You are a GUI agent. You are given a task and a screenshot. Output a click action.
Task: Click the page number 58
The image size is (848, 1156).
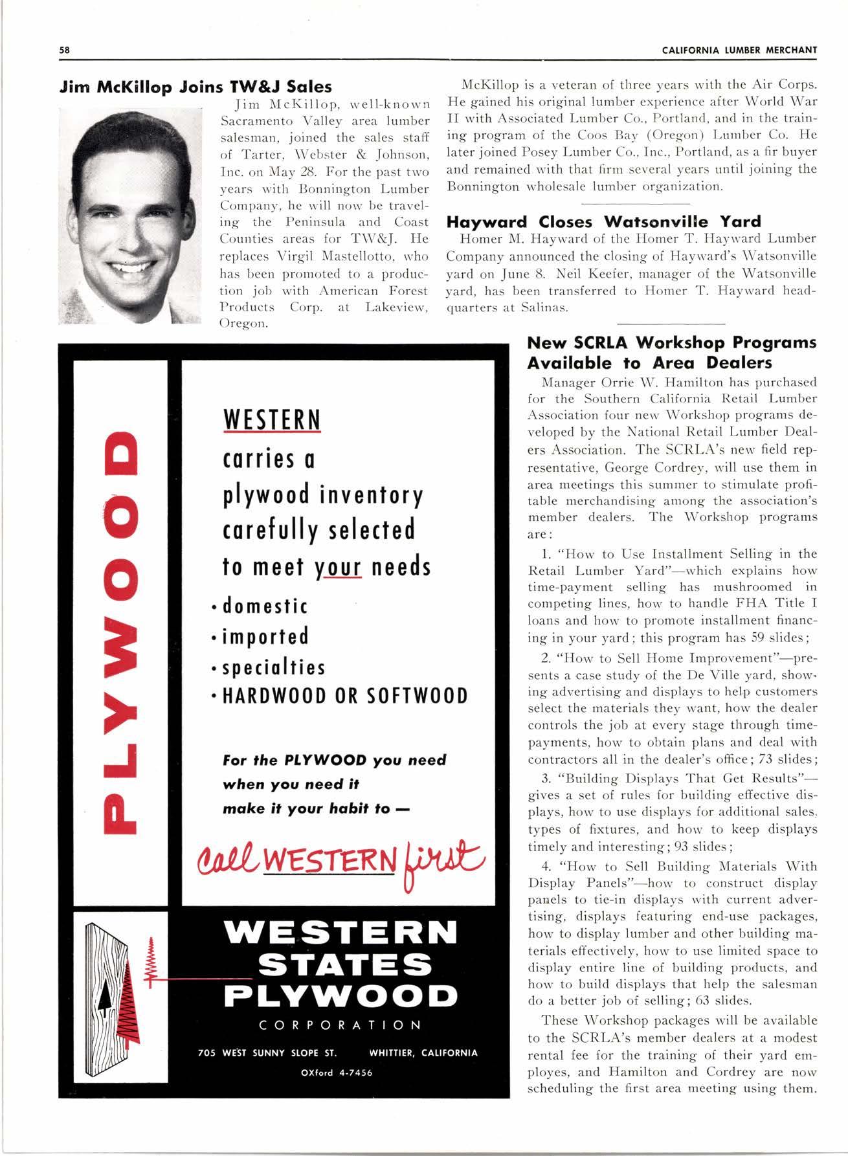coord(64,50)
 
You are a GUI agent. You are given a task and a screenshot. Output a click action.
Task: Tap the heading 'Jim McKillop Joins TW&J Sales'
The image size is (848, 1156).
coord(195,86)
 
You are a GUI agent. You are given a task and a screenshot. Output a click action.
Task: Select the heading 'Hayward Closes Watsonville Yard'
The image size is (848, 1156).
coord(603,221)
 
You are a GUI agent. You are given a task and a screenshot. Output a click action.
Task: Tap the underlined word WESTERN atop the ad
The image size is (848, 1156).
coord(272,421)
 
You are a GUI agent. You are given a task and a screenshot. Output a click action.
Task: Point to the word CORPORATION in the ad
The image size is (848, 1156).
coord(340,1025)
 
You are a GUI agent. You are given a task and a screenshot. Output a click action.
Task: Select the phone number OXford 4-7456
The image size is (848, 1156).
coord(337,1072)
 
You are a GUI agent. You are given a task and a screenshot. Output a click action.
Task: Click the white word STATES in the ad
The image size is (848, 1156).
coord(344,965)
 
